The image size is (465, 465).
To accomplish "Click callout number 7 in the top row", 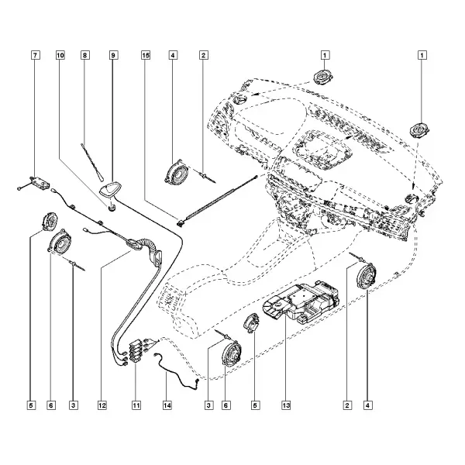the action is [x=36, y=55].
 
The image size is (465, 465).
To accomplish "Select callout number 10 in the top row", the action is [x=60, y=55].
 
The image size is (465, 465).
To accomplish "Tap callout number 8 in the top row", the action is [x=84, y=55].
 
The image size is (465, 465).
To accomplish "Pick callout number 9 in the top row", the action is [x=113, y=55].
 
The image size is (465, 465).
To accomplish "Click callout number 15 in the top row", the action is [x=146, y=55].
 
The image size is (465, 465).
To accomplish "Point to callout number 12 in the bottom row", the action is [x=102, y=405].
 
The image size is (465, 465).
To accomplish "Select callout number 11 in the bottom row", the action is [x=136, y=405].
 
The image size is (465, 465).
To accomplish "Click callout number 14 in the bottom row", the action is [x=167, y=405].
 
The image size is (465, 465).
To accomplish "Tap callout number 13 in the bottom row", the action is [x=286, y=405].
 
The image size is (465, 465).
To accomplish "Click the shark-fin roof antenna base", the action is [x=108, y=189].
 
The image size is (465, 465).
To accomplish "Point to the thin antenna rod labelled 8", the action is [x=91, y=162].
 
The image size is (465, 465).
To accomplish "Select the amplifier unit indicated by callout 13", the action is [x=301, y=302].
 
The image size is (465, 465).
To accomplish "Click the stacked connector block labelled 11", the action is [x=136, y=351].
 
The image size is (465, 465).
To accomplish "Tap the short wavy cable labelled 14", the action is [x=177, y=370].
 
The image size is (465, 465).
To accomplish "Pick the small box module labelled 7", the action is [x=40, y=181].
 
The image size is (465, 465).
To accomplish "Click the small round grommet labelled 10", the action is [x=112, y=207].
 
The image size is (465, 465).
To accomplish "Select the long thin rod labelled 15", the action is [x=217, y=199].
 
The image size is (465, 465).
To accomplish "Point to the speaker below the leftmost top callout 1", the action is [x=323, y=77].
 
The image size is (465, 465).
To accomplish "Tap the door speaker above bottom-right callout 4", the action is [x=366, y=276].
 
